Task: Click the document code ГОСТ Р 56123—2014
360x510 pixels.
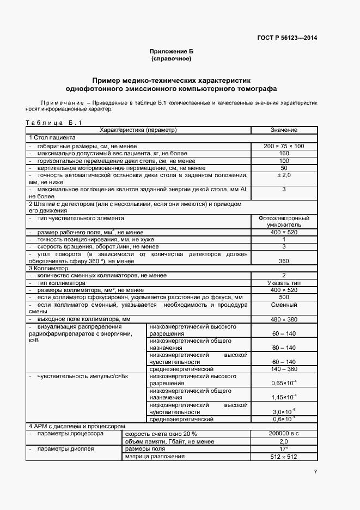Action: point(287,38)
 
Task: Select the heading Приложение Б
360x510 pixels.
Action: point(171,51)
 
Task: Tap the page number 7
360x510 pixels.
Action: point(315,472)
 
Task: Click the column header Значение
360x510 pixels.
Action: point(284,130)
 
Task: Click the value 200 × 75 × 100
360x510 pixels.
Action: point(284,147)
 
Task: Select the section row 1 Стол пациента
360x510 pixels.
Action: point(52,138)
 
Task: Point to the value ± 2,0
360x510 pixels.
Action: point(284,175)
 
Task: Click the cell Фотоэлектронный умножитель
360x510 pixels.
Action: point(284,221)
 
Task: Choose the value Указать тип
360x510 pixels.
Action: point(284,283)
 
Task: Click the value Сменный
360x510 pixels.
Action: point(284,306)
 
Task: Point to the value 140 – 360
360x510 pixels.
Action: point(284,369)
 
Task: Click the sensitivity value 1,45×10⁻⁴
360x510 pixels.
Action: point(284,397)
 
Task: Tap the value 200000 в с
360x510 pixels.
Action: point(284,434)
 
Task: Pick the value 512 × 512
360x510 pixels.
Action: point(284,457)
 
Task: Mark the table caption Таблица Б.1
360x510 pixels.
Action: point(53,123)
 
